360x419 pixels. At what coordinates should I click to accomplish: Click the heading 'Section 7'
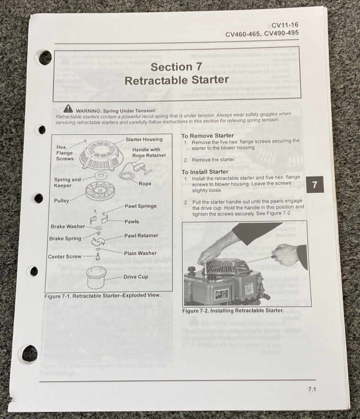(176, 67)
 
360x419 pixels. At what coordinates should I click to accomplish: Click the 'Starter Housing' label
(144, 139)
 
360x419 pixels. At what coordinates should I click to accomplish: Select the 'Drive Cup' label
(135, 277)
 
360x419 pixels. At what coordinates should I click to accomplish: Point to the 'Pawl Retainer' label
(141, 236)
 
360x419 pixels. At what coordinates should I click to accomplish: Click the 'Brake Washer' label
(68, 226)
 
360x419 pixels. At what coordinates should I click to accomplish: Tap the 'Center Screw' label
(65, 257)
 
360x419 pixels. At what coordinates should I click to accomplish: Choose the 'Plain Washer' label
(140, 253)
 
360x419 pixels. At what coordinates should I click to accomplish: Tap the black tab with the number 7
(315, 184)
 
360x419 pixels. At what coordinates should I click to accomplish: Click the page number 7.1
(312, 389)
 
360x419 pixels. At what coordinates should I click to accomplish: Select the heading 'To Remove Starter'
(207, 135)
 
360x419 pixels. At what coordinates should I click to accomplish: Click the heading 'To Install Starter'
(205, 172)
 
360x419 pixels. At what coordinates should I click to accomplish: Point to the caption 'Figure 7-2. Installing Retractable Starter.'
(233, 310)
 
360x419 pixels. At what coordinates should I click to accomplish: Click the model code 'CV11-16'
(285, 25)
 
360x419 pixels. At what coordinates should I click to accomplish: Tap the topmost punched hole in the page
(45, 58)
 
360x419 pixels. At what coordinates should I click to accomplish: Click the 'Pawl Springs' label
(141, 206)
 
